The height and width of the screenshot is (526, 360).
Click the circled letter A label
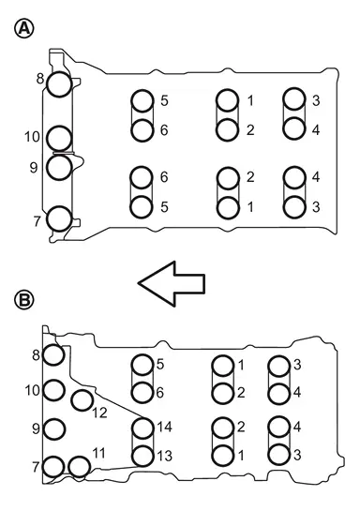tap(24, 28)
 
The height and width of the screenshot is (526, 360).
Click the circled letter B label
tap(24, 299)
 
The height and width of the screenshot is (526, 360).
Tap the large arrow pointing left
tap(172, 283)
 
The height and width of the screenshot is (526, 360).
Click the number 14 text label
tap(165, 427)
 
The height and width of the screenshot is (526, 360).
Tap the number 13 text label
tap(165, 456)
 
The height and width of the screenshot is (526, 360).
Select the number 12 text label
tap(99, 413)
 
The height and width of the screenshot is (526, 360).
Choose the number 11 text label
tap(98, 453)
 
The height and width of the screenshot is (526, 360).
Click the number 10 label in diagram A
tap(32, 137)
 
